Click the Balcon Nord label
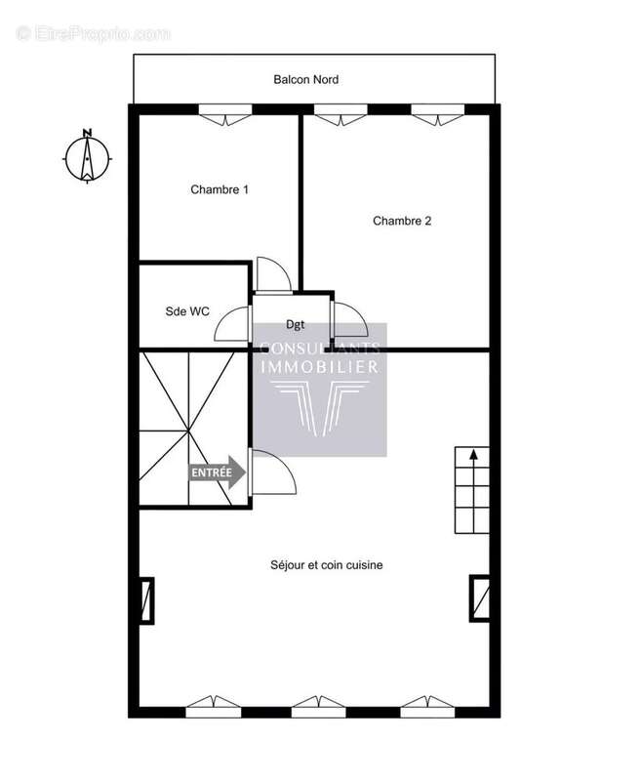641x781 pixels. point(305,79)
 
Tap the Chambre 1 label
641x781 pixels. point(220,189)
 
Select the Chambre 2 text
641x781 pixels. point(402,221)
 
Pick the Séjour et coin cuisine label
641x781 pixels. point(326,564)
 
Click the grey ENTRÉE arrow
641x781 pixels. point(218,473)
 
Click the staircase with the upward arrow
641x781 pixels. point(472,491)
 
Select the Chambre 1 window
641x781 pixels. point(225,115)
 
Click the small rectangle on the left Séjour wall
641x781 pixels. point(146,600)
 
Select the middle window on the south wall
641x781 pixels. point(319,705)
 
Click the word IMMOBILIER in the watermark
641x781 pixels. point(320,366)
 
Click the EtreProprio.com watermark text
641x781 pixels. point(93,33)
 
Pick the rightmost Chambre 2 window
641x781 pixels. point(436,115)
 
